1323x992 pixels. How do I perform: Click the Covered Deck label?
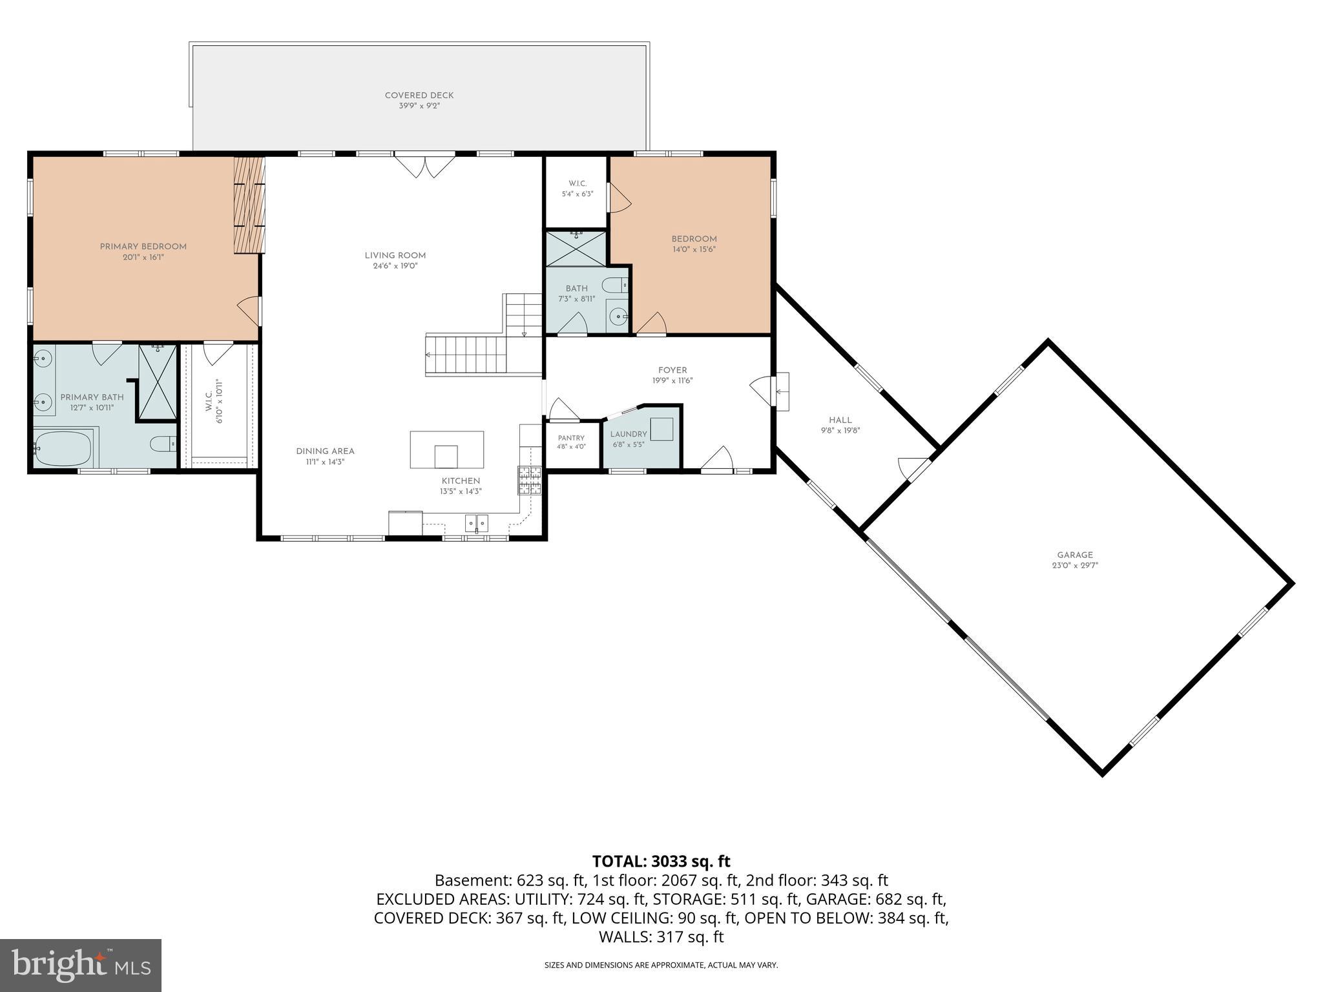point(419,96)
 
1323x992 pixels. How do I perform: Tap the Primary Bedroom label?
point(143,247)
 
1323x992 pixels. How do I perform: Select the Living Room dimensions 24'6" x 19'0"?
point(395,266)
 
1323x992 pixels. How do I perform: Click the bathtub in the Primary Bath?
point(63,448)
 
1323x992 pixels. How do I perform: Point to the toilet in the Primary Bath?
point(162,444)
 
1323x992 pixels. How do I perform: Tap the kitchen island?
point(446,449)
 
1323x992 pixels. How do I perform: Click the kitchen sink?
point(477,522)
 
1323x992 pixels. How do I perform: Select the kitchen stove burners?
point(530,480)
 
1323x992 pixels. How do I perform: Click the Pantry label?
point(571,438)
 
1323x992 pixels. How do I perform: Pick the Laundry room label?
point(629,434)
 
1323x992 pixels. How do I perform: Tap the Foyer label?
point(672,370)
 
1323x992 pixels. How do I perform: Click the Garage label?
point(1075,555)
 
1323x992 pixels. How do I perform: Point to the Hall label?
point(840,420)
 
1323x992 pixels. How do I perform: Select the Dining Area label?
point(326,451)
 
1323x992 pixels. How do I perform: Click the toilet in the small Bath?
point(616,285)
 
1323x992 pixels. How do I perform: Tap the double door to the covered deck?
point(425,165)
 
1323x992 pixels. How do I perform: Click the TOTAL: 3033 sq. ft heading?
point(661,861)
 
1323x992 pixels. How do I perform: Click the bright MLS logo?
point(81,965)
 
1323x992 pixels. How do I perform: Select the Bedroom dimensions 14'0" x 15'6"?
point(694,249)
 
